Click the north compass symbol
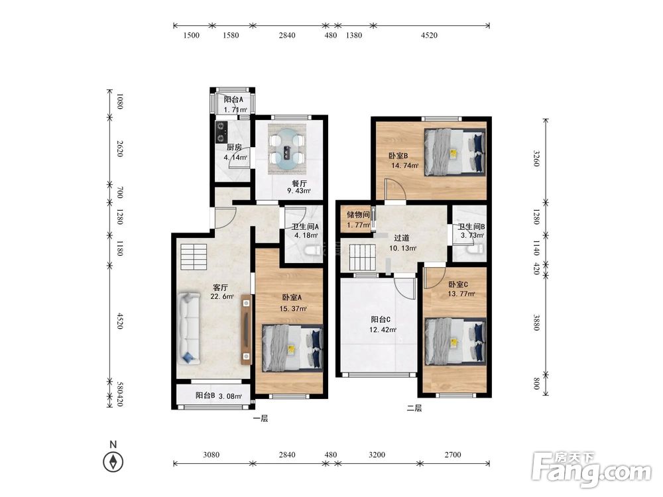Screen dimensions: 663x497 point(113,461)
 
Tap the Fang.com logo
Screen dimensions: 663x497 point(592,469)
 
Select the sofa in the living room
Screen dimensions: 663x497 point(189,327)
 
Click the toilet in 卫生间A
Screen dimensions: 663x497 point(314,251)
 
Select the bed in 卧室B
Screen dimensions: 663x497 point(455,152)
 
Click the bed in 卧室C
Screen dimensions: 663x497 point(455,341)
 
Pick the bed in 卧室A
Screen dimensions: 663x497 point(292,348)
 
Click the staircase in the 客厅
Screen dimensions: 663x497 point(194,256)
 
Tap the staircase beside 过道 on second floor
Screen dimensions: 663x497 point(363,258)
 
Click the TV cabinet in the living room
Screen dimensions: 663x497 point(246,329)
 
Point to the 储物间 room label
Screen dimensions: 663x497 point(358,215)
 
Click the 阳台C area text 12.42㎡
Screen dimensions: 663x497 point(383,329)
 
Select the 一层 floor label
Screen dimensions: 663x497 point(261,418)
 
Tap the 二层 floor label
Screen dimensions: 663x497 point(414,408)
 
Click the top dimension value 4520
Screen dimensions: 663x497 point(429,36)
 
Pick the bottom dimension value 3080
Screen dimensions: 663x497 point(211,455)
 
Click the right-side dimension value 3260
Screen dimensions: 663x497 point(536,158)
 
